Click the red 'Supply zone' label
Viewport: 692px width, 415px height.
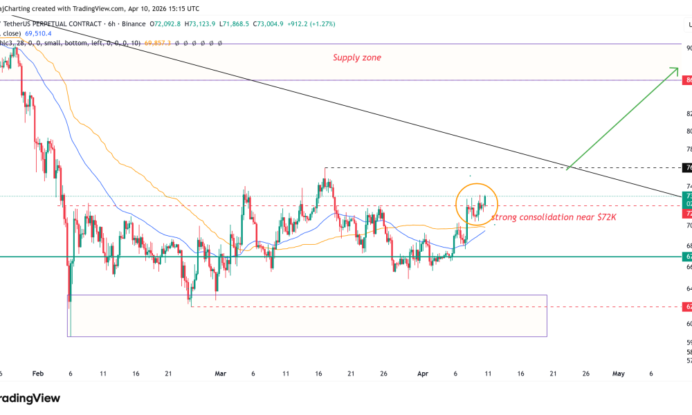pos(356,57)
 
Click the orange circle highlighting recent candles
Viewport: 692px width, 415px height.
pos(476,203)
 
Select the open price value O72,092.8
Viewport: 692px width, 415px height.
pos(163,24)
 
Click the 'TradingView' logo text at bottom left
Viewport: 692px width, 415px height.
pos(30,398)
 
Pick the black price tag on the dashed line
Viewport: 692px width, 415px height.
pos(687,167)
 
